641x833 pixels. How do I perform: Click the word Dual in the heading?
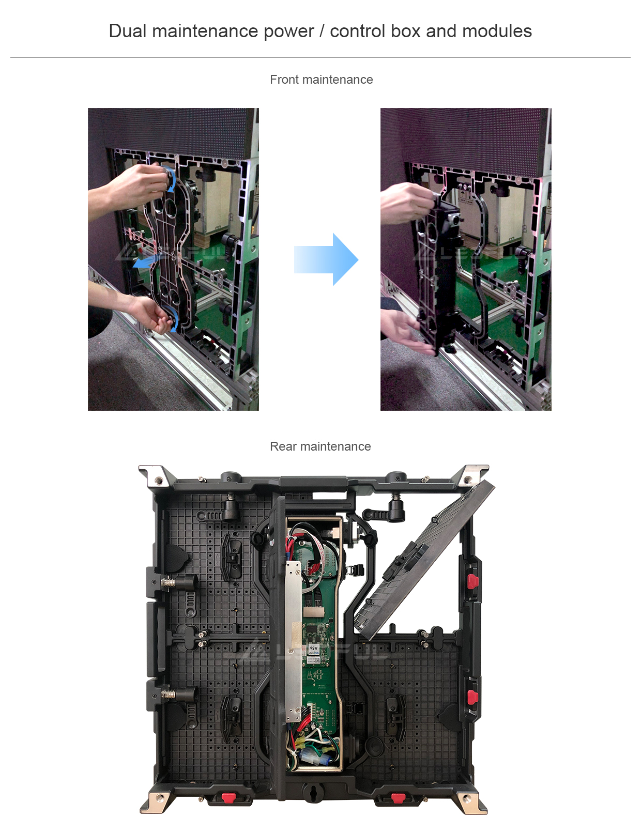pyautogui.click(x=128, y=30)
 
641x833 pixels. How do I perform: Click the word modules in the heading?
pyautogui.click(x=497, y=30)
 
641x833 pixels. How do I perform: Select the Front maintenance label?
pyautogui.click(x=321, y=80)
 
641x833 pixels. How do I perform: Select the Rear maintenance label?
pyautogui.click(x=320, y=446)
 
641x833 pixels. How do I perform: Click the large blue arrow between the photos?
pyautogui.click(x=326, y=259)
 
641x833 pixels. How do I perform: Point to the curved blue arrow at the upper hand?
pyautogui.click(x=172, y=180)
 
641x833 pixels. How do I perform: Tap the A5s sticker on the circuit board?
pyautogui.click(x=314, y=649)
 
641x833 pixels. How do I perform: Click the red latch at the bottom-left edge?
pyautogui.click(x=228, y=798)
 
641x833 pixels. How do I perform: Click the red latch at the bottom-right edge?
pyautogui.click(x=398, y=798)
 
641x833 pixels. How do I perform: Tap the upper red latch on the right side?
pyautogui.click(x=472, y=581)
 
